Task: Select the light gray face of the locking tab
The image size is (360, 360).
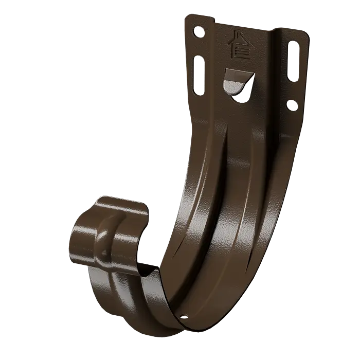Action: (235, 78)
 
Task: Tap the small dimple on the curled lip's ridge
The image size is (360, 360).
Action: (105, 251)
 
